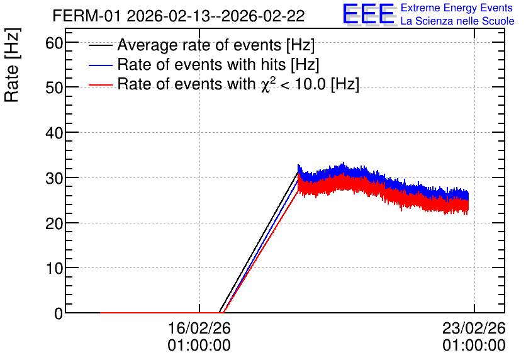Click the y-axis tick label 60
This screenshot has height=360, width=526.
coord(54,43)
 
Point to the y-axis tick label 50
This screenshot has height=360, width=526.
coord(54,88)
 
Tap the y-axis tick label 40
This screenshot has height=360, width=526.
coord(54,133)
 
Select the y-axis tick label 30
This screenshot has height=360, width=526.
coord(54,178)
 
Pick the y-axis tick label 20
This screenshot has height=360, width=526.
coord(54,223)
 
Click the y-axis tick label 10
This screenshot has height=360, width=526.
coord(54,268)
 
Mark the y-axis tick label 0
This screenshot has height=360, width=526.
coord(59,313)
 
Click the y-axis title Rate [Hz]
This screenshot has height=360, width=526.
coord(12,65)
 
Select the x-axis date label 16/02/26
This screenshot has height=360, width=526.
coord(199,328)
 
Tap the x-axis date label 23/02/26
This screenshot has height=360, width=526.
coord(474,328)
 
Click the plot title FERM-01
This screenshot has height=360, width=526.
coord(86,16)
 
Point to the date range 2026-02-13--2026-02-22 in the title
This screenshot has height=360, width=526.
coord(216,16)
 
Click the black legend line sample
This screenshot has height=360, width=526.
coord(100,45)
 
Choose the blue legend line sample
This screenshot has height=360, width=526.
coord(100,65)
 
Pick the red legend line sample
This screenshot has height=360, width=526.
coord(100,85)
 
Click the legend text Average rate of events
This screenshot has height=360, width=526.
coord(199,45)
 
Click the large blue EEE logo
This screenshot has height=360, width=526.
coord(369,14)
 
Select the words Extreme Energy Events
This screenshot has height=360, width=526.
coord(457,8)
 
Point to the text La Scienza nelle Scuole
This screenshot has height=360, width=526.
coord(457,21)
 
